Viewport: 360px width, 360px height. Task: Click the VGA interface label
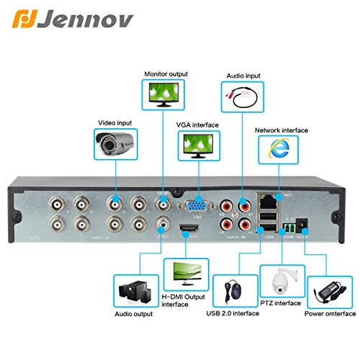pyautogui.click(x=197, y=125)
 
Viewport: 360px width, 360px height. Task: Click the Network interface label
pyautogui.click(x=282, y=130)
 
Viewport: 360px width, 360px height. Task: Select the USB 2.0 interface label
pyautogui.click(x=233, y=314)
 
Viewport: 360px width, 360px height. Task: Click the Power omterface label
pyautogui.click(x=330, y=314)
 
